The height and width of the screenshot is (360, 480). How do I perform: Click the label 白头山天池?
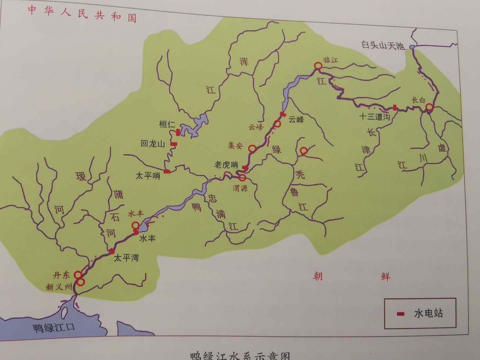pyautogui.click(x=383, y=45)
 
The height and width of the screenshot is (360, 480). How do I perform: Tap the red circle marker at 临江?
pyautogui.click(x=318, y=66)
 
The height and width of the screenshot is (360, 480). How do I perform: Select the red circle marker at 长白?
pyautogui.click(x=429, y=107)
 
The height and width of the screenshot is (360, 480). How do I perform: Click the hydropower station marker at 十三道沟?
pyautogui.click(x=395, y=107)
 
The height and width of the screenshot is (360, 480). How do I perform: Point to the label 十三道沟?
pyautogui.click(x=374, y=117)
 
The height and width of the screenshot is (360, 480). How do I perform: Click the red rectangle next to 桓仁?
pyautogui.click(x=178, y=132)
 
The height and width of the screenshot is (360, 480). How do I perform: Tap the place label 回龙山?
pyautogui.click(x=153, y=144)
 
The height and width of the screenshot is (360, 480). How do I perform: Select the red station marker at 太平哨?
pyautogui.click(x=167, y=172)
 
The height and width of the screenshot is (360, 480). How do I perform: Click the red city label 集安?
pyautogui.click(x=235, y=146)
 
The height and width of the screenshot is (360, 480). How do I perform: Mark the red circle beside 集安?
pyautogui.click(x=252, y=149)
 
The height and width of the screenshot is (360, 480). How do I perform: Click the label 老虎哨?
pyautogui.click(x=226, y=165)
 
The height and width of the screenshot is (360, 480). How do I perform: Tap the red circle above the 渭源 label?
pyautogui.click(x=242, y=177)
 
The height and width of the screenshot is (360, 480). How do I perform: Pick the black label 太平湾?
pyautogui.click(x=126, y=258)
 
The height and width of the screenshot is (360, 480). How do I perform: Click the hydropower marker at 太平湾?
pyautogui.click(x=112, y=251)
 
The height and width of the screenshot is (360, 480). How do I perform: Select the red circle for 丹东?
pyautogui.click(x=78, y=274)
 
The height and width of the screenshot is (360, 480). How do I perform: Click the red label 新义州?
pyautogui.click(x=59, y=287)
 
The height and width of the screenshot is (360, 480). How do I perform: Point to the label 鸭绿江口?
pyautogui.click(x=54, y=328)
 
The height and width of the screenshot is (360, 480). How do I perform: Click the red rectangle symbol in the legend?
pyautogui.click(x=401, y=314)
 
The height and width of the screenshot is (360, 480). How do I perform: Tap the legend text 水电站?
pyautogui.click(x=428, y=313)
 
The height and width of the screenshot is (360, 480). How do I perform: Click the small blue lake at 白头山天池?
pyautogui.click(x=412, y=47)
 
